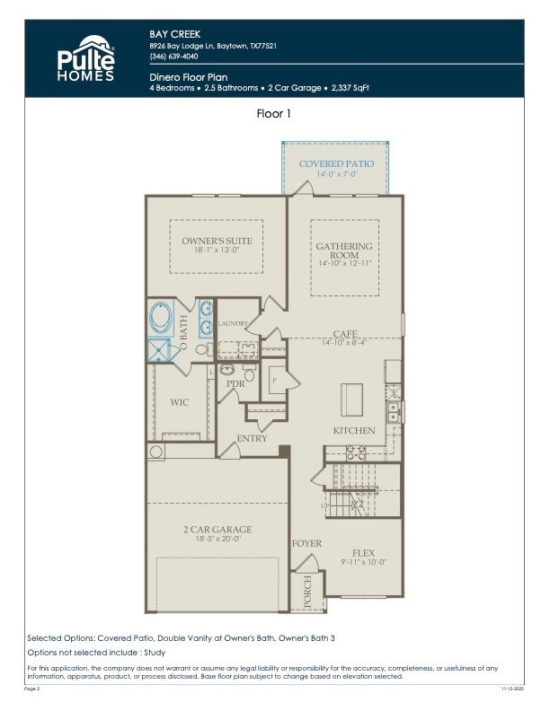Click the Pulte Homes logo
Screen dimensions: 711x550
(86, 59)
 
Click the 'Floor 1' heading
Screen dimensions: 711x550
(274, 114)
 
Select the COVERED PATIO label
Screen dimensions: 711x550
(335, 164)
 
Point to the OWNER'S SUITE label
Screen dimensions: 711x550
(217, 241)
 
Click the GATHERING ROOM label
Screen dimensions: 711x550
(343, 250)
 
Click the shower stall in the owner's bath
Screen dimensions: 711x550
(160, 349)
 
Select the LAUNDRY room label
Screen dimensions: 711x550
(232, 323)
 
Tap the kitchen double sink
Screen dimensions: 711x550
(393, 411)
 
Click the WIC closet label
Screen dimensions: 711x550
(180, 402)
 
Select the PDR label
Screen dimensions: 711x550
(235, 383)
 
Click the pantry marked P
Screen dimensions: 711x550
(273, 381)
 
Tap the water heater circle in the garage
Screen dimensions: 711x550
(157, 451)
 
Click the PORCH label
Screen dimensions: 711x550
(307, 592)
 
